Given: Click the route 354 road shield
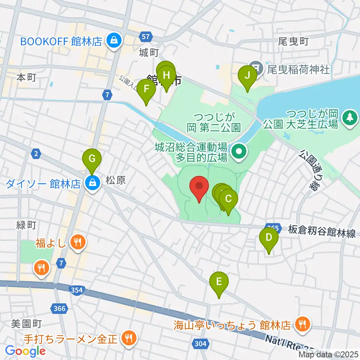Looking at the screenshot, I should click(77, 290).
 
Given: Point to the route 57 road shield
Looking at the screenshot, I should click(147, 36).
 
